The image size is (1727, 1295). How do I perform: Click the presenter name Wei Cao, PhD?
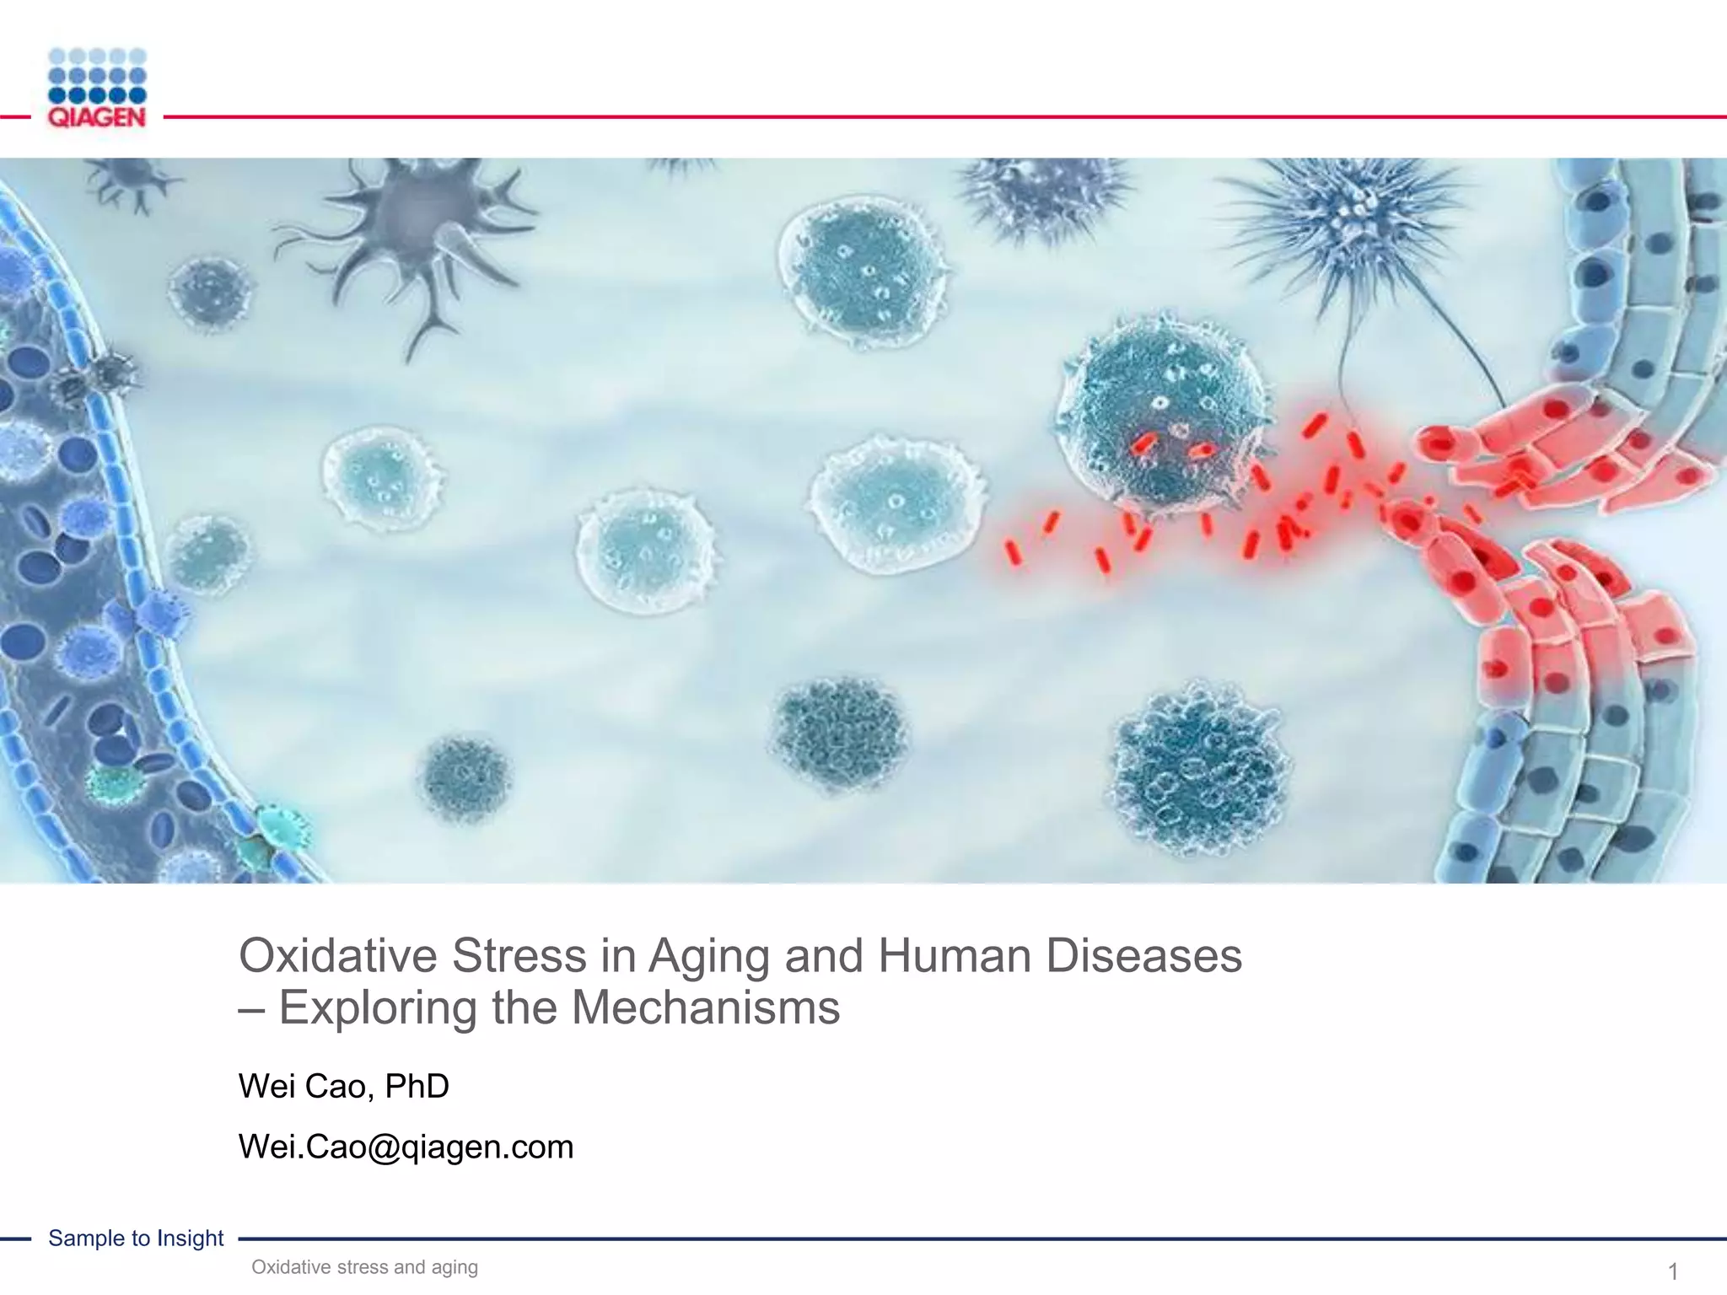pyautogui.click(x=343, y=1086)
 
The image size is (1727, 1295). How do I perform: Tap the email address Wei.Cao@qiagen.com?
pyautogui.click(x=406, y=1147)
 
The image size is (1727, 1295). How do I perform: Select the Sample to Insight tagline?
pyautogui.click(x=136, y=1238)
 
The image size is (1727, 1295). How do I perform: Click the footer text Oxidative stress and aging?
pyautogui.click(x=364, y=1267)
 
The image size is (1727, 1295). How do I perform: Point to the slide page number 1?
pyautogui.click(x=1673, y=1271)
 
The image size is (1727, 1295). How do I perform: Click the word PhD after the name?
pyautogui.click(x=417, y=1086)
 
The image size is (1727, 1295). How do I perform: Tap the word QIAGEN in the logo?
pyautogui.click(x=97, y=117)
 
